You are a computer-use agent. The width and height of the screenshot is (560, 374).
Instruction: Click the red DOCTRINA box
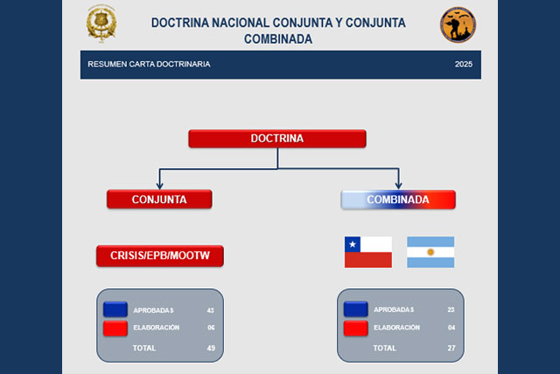[277, 138]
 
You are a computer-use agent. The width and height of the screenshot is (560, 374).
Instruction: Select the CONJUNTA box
[159, 199]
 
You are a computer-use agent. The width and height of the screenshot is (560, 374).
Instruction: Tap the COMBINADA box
[398, 200]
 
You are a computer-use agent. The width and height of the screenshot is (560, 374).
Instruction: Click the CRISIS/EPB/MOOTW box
[160, 256]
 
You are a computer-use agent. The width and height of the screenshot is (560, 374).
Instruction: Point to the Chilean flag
[368, 252]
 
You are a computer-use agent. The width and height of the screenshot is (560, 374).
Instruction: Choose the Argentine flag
[430, 252]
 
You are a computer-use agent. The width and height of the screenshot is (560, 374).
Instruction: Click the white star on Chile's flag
[353, 244]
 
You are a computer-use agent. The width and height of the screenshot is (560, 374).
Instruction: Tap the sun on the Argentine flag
[430, 252]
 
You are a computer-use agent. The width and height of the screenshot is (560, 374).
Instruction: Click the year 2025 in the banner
[464, 64]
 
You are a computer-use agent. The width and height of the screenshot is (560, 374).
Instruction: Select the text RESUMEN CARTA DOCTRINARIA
[149, 64]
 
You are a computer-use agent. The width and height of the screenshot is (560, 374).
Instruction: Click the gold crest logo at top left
[101, 24]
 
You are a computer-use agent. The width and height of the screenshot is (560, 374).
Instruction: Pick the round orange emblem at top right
[458, 25]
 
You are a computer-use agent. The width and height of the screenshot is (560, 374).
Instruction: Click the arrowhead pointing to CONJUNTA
[159, 186]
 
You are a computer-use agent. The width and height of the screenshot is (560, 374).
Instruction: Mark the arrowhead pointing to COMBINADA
[398, 186]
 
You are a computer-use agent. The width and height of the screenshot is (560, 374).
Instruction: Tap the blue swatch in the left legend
[115, 310]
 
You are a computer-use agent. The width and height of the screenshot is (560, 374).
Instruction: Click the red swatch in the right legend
[356, 328]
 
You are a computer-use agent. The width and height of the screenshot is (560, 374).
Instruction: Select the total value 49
[211, 348]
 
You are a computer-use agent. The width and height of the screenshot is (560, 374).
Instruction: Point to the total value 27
[451, 348]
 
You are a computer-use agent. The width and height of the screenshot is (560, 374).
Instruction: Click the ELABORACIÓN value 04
[451, 328]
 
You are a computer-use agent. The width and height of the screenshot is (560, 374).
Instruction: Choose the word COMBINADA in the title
[278, 39]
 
